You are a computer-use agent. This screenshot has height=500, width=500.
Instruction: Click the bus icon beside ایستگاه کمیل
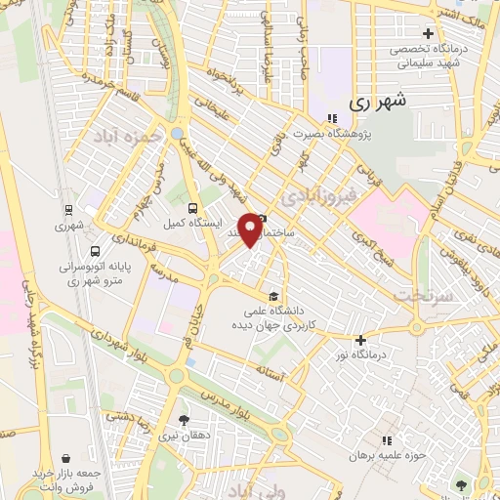[x=192, y=207]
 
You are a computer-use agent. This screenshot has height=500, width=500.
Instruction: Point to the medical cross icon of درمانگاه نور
[x=361, y=340]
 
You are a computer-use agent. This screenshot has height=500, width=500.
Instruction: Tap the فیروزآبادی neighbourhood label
[x=314, y=199]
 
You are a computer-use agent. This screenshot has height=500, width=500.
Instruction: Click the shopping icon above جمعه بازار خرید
[x=65, y=457]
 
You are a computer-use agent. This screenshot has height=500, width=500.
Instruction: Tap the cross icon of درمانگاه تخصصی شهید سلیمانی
[x=427, y=33]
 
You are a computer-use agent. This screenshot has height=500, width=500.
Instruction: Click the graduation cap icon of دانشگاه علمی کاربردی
[x=273, y=297]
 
